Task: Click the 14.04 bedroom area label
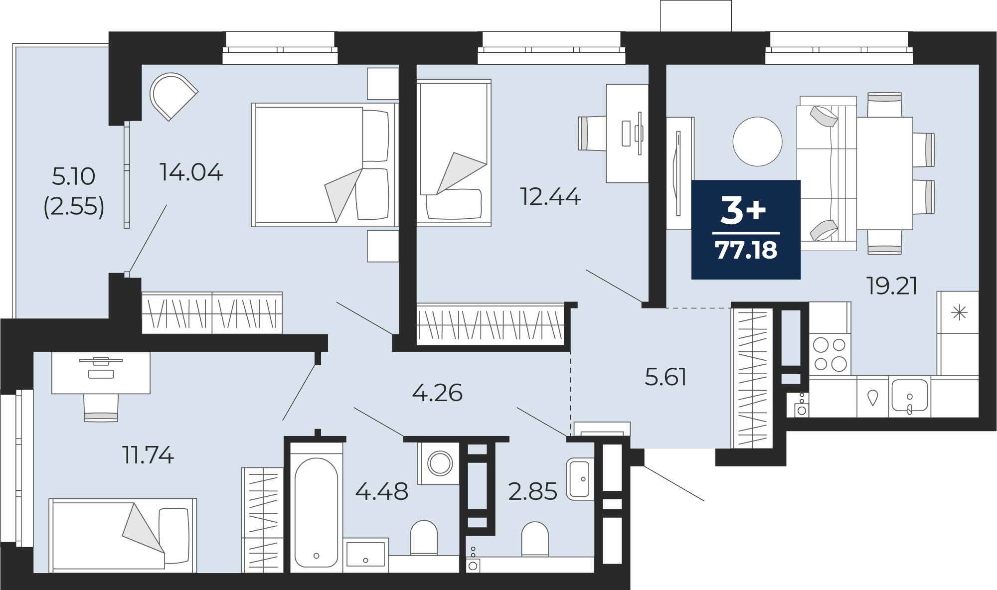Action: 191,172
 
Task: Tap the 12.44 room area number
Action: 550,197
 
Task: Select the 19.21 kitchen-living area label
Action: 892,286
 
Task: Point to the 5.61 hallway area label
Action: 665,377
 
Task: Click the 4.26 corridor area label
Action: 437,393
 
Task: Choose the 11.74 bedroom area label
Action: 148,455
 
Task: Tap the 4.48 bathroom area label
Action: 382,491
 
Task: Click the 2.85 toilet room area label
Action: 532,491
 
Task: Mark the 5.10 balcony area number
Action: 74,176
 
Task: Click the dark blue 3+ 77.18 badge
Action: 746,229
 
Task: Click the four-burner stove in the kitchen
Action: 830,354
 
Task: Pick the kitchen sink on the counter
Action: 909,397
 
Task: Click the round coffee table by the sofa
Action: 757,142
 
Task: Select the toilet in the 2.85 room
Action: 535,539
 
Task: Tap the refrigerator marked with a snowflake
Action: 958,333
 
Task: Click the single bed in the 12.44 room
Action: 454,152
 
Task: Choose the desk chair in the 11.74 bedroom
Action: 101,408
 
